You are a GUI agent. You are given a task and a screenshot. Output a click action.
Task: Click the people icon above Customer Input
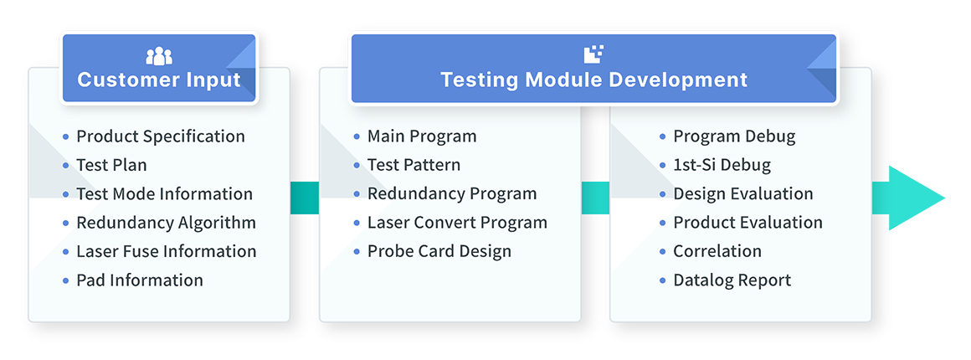click(x=159, y=56)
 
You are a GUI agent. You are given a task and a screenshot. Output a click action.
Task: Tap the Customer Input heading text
click(x=159, y=80)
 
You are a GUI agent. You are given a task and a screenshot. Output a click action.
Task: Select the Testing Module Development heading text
click(x=593, y=80)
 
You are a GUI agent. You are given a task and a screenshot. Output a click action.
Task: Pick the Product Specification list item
click(x=160, y=136)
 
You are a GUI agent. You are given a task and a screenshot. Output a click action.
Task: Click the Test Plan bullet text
click(x=111, y=165)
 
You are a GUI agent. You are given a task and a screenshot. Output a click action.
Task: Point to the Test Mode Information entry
click(x=164, y=194)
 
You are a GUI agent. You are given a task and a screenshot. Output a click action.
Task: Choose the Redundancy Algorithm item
click(x=166, y=223)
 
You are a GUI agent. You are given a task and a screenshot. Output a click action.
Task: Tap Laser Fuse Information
click(x=166, y=251)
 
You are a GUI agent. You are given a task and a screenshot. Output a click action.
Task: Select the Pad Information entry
click(x=139, y=280)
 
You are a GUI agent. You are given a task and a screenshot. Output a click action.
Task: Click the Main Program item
click(x=422, y=136)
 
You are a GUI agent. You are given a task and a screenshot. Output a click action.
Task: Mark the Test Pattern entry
click(x=414, y=165)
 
